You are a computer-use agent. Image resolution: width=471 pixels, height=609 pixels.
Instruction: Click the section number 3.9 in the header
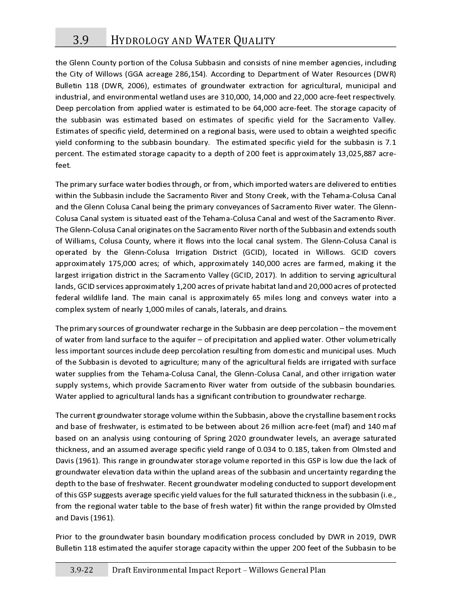pyautogui.click(x=81, y=40)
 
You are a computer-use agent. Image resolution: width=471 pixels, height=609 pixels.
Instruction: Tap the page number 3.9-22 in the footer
pyautogui.click(x=82, y=570)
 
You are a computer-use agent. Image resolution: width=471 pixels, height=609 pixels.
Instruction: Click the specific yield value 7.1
pyautogui.click(x=390, y=142)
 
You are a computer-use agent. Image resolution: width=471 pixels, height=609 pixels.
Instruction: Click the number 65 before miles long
pyautogui.click(x=256, y=298)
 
